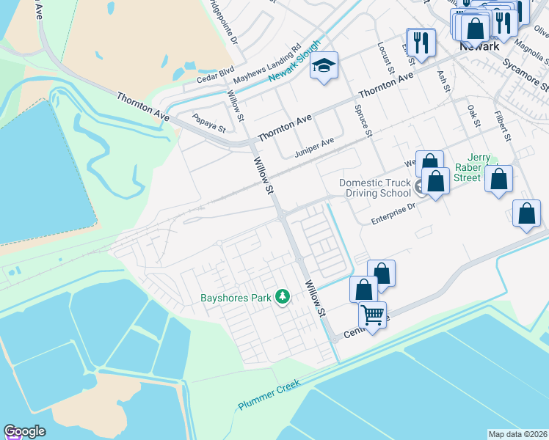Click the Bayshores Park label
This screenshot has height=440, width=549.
click(236, 298)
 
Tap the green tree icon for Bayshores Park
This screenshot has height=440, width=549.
click(283, 297)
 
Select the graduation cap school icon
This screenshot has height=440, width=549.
click(323, 66)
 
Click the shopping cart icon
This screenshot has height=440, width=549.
click(372, 315)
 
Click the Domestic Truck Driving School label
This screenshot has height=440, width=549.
click(376, 188)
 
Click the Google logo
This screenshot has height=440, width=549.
click(24, 431)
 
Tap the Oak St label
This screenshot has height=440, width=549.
click(473, 116)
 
